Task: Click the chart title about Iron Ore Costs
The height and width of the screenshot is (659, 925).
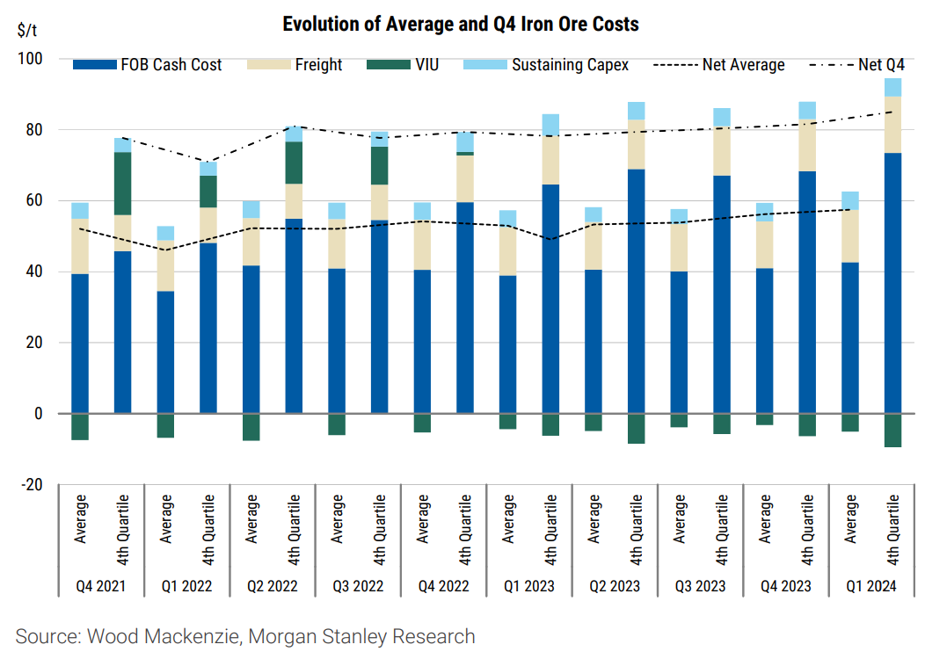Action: pos(460,24)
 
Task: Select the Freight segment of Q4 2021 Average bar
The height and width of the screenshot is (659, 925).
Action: pos(80,246)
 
